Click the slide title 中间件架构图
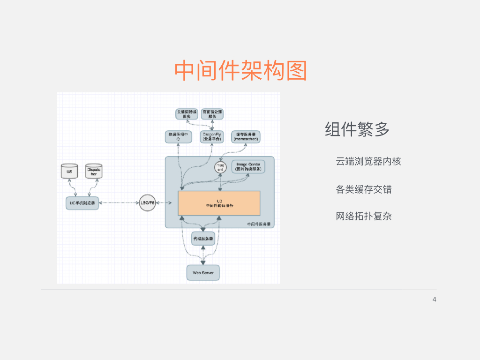tap(240, 71)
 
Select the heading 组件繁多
tap(357, 129)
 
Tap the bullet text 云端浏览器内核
tap(368, 161)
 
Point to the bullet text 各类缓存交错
tap(364, 189)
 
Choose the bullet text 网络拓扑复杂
tap(364, 216)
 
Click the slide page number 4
tap(434, 300)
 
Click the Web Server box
tap(203, 273)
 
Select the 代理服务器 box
tap(203, 239)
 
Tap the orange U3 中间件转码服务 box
tap(219, 203)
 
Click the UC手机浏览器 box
tap(82, 203)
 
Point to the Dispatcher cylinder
tap(93, 172)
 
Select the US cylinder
tap(69, 172)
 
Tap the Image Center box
tap(248, 166)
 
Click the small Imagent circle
tap(220, 167)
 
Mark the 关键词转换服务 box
tap(187, 114)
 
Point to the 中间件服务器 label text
tap(259, 225)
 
